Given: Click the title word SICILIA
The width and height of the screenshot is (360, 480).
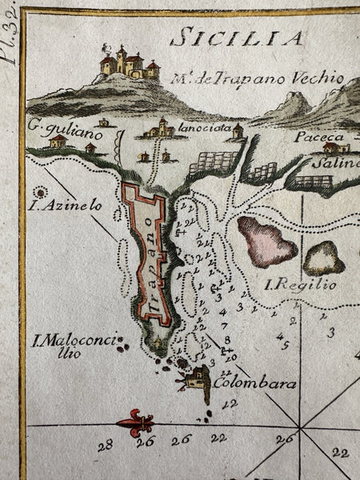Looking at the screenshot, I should (238, 37).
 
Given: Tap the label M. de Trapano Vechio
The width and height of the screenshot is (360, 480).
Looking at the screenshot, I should (257, 78).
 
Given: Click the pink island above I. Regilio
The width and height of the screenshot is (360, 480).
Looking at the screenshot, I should (266, 241).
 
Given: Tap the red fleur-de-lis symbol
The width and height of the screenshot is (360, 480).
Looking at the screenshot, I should (138, 422).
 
